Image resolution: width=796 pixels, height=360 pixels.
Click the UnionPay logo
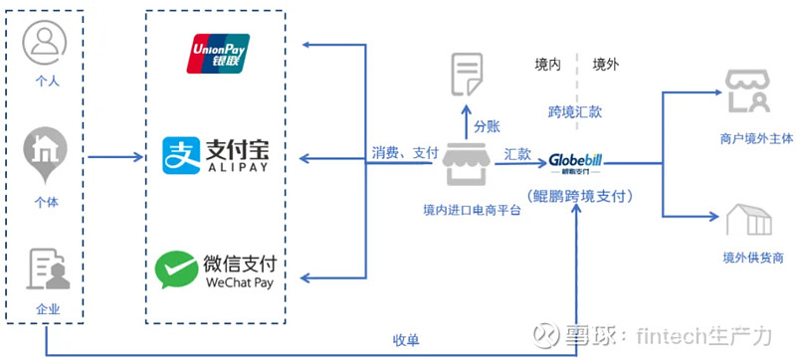[x=218, y=54]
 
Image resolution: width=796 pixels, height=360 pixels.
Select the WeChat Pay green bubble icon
[x=176, y=268]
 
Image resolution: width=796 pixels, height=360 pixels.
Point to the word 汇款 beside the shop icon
[x=517, y=153]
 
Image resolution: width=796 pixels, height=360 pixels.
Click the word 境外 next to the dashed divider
[x=607, y=66]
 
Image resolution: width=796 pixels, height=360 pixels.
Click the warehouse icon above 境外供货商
[x=748, y=221]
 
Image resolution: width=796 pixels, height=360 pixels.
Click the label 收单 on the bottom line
[x=406, y=340]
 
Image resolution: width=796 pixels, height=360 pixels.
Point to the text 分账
[x=487, y=127]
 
